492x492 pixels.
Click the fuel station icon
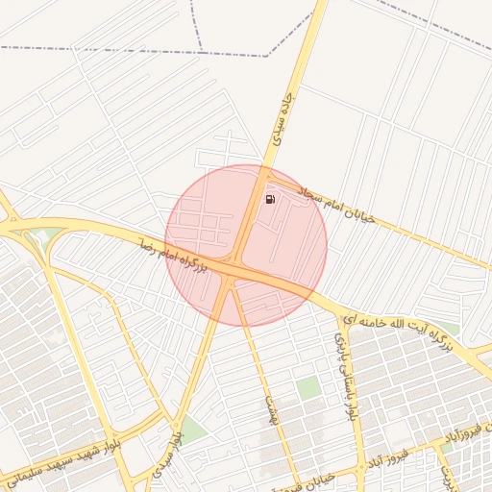[x=271, y=199]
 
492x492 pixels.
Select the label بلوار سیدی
[x=175, y=445]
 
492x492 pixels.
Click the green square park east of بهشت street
[x=307, y=388]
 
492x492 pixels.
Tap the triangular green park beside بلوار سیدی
[x=192, y=430]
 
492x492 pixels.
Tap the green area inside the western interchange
[x=39, y=238]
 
